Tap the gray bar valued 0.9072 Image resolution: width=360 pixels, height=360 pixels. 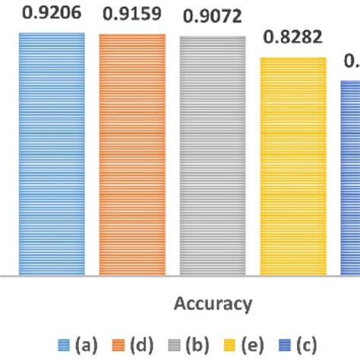point(212,156)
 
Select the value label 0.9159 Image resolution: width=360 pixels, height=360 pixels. point(131,14)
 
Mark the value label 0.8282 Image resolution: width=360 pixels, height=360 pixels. point(292,37)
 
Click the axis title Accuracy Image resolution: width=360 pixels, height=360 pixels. point(213,305)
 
